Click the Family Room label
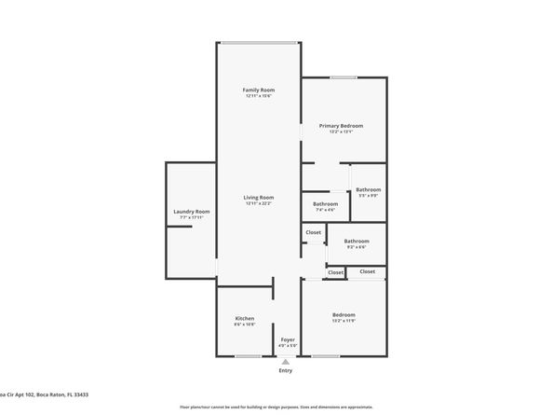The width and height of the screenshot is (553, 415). pos(259,89)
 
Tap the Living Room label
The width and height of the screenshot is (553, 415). pos(259,197)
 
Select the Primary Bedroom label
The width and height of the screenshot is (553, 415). pos(341,125)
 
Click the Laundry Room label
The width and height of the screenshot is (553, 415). pos(192,212)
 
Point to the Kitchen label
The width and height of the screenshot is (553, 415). pos(245,319)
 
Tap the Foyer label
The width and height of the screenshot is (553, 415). pos(288,339)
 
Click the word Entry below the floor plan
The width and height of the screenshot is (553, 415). pos(286,371)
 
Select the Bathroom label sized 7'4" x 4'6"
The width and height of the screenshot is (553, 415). pos(325,203)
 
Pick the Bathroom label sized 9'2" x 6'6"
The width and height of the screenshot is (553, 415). pos(357,241)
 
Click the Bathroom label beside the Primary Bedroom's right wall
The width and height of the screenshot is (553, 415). pos(368,189)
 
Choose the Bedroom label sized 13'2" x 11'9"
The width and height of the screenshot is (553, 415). pos(344,319)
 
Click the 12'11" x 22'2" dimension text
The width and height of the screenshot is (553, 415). pos(259,202)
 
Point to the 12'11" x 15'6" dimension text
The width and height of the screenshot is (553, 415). pos(259,95)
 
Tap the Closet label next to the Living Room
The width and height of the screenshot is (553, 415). pos(314,232)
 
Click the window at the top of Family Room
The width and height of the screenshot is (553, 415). pos(259,42)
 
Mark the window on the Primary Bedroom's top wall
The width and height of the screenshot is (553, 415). pos(343,76)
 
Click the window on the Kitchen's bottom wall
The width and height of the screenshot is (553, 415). pos(247,356)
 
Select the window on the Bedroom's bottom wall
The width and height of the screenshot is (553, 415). pos(326,356)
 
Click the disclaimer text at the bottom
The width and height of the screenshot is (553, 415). pos(276,408)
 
